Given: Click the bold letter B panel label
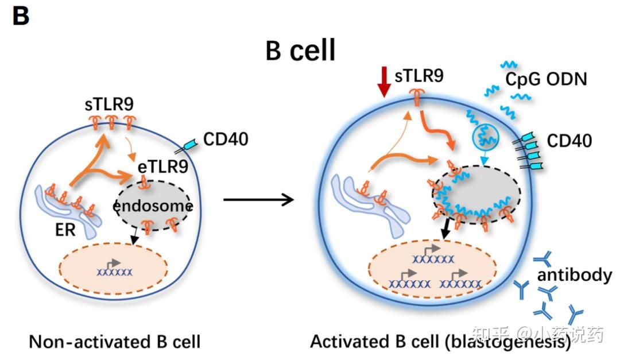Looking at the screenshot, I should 21,16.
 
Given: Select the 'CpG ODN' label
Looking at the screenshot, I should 546,79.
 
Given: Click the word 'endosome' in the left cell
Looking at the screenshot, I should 152,205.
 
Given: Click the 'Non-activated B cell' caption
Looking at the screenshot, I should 114,342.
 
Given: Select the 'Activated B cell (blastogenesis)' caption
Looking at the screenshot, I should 440,342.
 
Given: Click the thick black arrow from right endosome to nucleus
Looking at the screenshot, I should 444,230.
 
